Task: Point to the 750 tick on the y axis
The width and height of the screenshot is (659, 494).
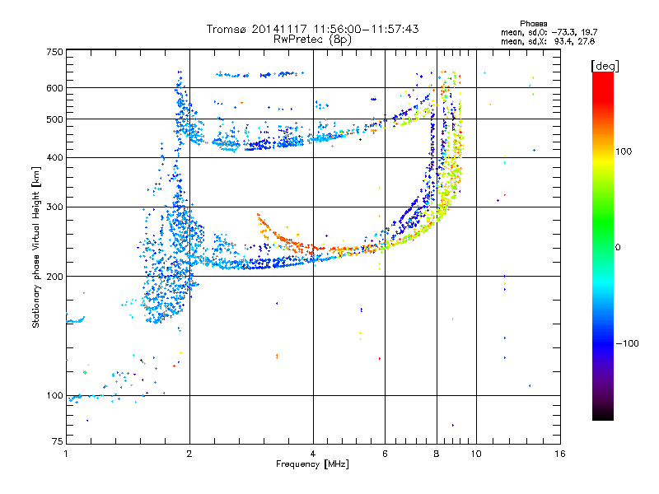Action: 54,51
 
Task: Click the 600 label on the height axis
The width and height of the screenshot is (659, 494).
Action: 54,87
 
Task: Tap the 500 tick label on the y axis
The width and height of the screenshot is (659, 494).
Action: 54,119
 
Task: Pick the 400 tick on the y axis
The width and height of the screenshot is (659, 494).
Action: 54,157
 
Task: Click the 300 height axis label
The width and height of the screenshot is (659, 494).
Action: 54,207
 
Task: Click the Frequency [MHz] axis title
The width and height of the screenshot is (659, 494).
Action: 313,465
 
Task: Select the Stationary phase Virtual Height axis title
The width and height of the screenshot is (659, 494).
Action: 37,247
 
